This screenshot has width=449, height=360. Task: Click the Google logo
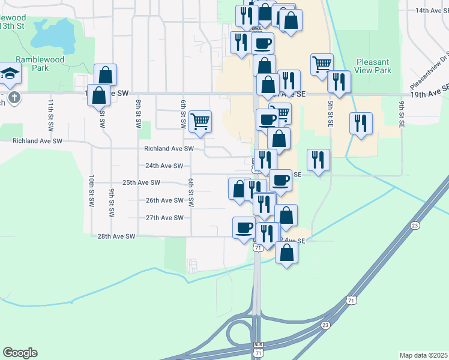20,353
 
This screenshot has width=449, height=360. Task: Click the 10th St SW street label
91,191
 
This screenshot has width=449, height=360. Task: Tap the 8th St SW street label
138,114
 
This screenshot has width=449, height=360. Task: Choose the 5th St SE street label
330,113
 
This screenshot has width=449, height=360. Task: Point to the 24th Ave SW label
164,166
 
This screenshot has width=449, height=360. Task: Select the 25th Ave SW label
141,182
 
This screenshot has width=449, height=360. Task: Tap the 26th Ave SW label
164,200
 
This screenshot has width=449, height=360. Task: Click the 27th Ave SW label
164,218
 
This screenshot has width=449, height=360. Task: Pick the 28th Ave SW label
116,236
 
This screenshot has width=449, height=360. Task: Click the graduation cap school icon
10,73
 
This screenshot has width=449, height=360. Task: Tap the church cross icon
14,96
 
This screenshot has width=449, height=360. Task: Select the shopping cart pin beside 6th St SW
200,121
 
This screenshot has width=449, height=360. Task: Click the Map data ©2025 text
423,355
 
